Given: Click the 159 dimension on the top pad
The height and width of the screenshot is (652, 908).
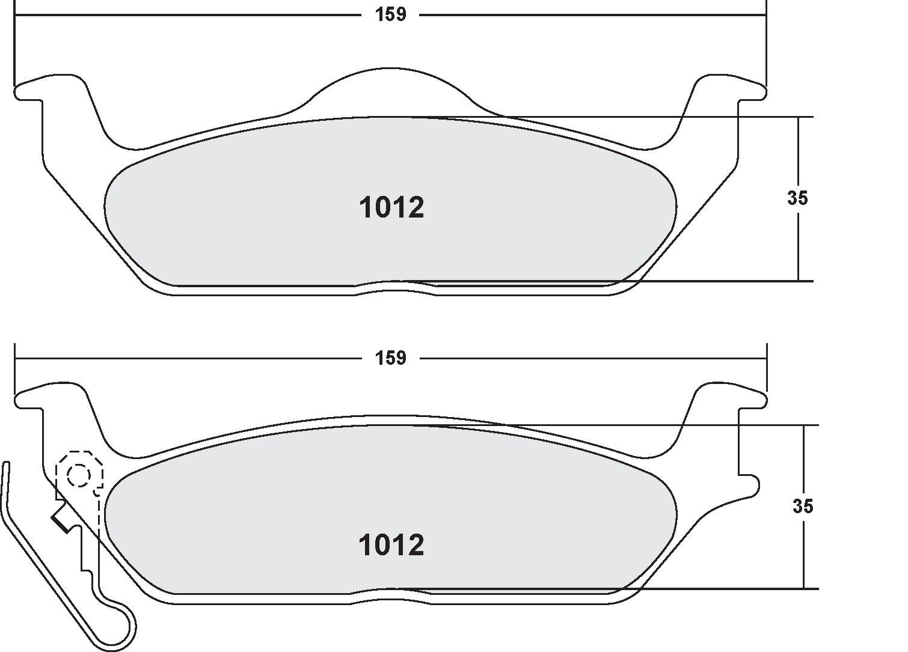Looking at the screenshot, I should click(391, 14).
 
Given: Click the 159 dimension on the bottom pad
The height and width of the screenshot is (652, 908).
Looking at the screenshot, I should click(391, 358).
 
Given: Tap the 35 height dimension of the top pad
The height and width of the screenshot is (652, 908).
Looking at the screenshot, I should click(797, 198).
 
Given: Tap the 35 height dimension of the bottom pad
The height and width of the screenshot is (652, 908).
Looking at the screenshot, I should click(803, 507).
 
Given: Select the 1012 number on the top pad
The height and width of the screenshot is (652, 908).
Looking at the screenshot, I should click(391, 208).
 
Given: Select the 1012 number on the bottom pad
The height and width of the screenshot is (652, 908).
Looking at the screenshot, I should click(391, 546).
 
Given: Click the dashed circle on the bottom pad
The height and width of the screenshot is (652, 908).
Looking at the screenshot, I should click(79, 476).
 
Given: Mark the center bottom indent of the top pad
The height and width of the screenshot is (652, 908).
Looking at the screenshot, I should click(394, 287).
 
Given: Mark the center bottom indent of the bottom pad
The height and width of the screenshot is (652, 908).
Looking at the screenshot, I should click(394, 595).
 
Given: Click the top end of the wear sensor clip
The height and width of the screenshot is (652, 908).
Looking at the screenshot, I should click(6, 466).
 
